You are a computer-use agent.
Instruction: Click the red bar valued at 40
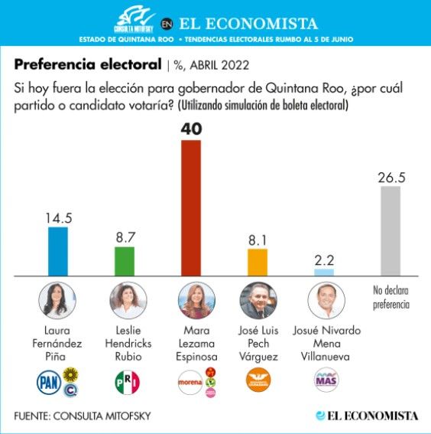click(x=191, y=208)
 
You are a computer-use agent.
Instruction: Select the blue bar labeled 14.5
click(x=58, y=251)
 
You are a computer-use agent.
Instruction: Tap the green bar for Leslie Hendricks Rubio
click(x=125, y=261)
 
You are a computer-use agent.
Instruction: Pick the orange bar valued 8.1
click(x=258, y=263)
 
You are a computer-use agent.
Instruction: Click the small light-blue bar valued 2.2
click(x=324, y=272)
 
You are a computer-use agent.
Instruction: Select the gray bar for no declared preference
click(x=390, y=231)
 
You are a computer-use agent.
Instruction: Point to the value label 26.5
click(x=391, y=178)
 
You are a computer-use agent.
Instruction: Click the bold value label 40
click(x=191, y=129)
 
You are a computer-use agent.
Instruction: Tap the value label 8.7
click(x=125, y=237)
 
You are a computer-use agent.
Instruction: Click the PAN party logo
click(x=49, y=382)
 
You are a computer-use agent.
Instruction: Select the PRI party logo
click(x=128, y=382)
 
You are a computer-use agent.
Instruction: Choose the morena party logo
click(x=190, y=382)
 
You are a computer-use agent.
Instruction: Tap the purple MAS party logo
click(x=326, y=380)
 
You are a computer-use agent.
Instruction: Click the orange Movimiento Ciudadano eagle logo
click(x=258, y=380)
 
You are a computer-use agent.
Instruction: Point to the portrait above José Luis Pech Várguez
click(x=258, y=301)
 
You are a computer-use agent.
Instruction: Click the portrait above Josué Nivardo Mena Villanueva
click(x=326, y=301)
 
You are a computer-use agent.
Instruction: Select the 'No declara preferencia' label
click(x=391, y=298)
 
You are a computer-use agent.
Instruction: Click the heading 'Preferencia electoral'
click(x=88, y=64)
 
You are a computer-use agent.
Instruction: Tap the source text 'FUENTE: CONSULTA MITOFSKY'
click(x=83, y=416)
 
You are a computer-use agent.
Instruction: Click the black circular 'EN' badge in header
click(x=167, y=24)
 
